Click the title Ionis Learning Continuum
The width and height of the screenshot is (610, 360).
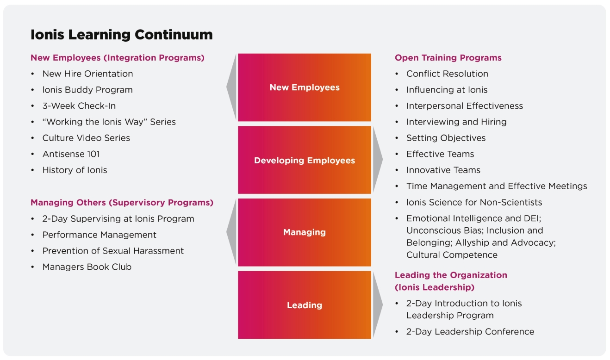click(x=121, y=35)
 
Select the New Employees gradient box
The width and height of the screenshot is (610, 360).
click(x=305, y=87)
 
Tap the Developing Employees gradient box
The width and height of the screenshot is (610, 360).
click(x=305, y=161)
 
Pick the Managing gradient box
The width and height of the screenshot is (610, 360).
click(x=305, y=232)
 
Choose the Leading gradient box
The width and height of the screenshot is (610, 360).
click(x=305, y=305)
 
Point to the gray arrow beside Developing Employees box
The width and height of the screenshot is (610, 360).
click(x=377, y=160)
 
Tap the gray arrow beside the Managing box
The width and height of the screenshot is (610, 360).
click(x=232, y=232)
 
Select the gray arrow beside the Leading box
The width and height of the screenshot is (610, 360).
click(x=377, y=304)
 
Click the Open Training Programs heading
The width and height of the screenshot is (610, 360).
click(x=448, y=58)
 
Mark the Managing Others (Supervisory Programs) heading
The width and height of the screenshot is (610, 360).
click(x=122, y=203)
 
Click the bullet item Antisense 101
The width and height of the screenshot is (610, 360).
click(x=71, y=154)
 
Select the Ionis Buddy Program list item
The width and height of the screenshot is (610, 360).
click(x=87, y=90)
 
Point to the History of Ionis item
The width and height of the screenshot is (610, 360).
click(x=75, y=170)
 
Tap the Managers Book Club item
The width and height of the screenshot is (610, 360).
click(x=87, y=267)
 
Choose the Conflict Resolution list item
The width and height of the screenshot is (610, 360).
click(x=447, y=74)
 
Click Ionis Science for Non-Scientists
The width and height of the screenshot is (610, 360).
click(x=474, y=202)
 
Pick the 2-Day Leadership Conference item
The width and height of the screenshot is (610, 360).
click(x=470, y=332)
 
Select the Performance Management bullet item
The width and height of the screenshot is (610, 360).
click(x=99, y=235)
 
